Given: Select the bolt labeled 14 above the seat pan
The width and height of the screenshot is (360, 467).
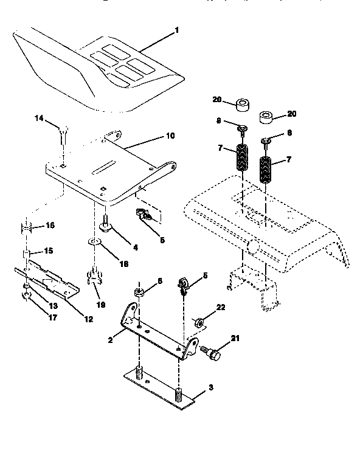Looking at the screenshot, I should pos(64,133).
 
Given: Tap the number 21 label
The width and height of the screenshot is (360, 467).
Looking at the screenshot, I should pos(235,338).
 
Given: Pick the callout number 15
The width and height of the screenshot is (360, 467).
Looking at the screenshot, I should pos(49,251).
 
